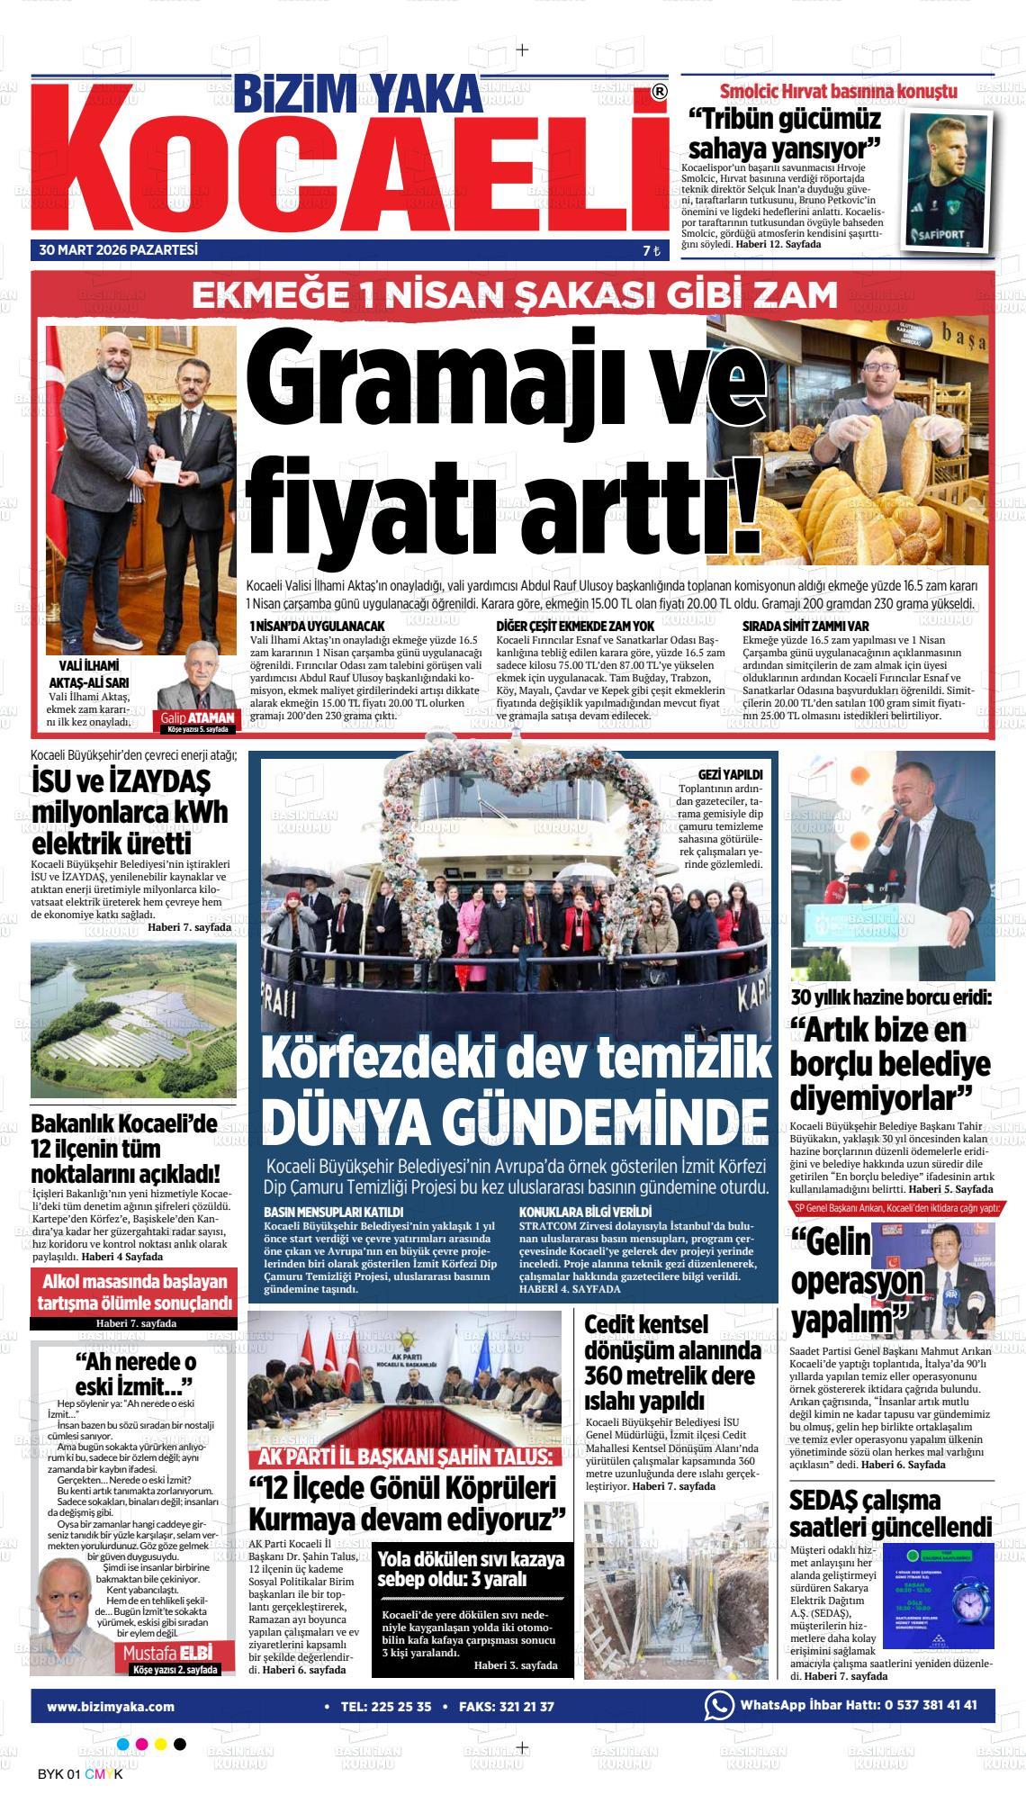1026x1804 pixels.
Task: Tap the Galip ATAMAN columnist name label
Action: coord(198,717)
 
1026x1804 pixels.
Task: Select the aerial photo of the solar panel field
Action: coord(133,1019)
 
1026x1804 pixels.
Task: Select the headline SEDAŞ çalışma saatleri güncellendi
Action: coord(890,1513)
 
